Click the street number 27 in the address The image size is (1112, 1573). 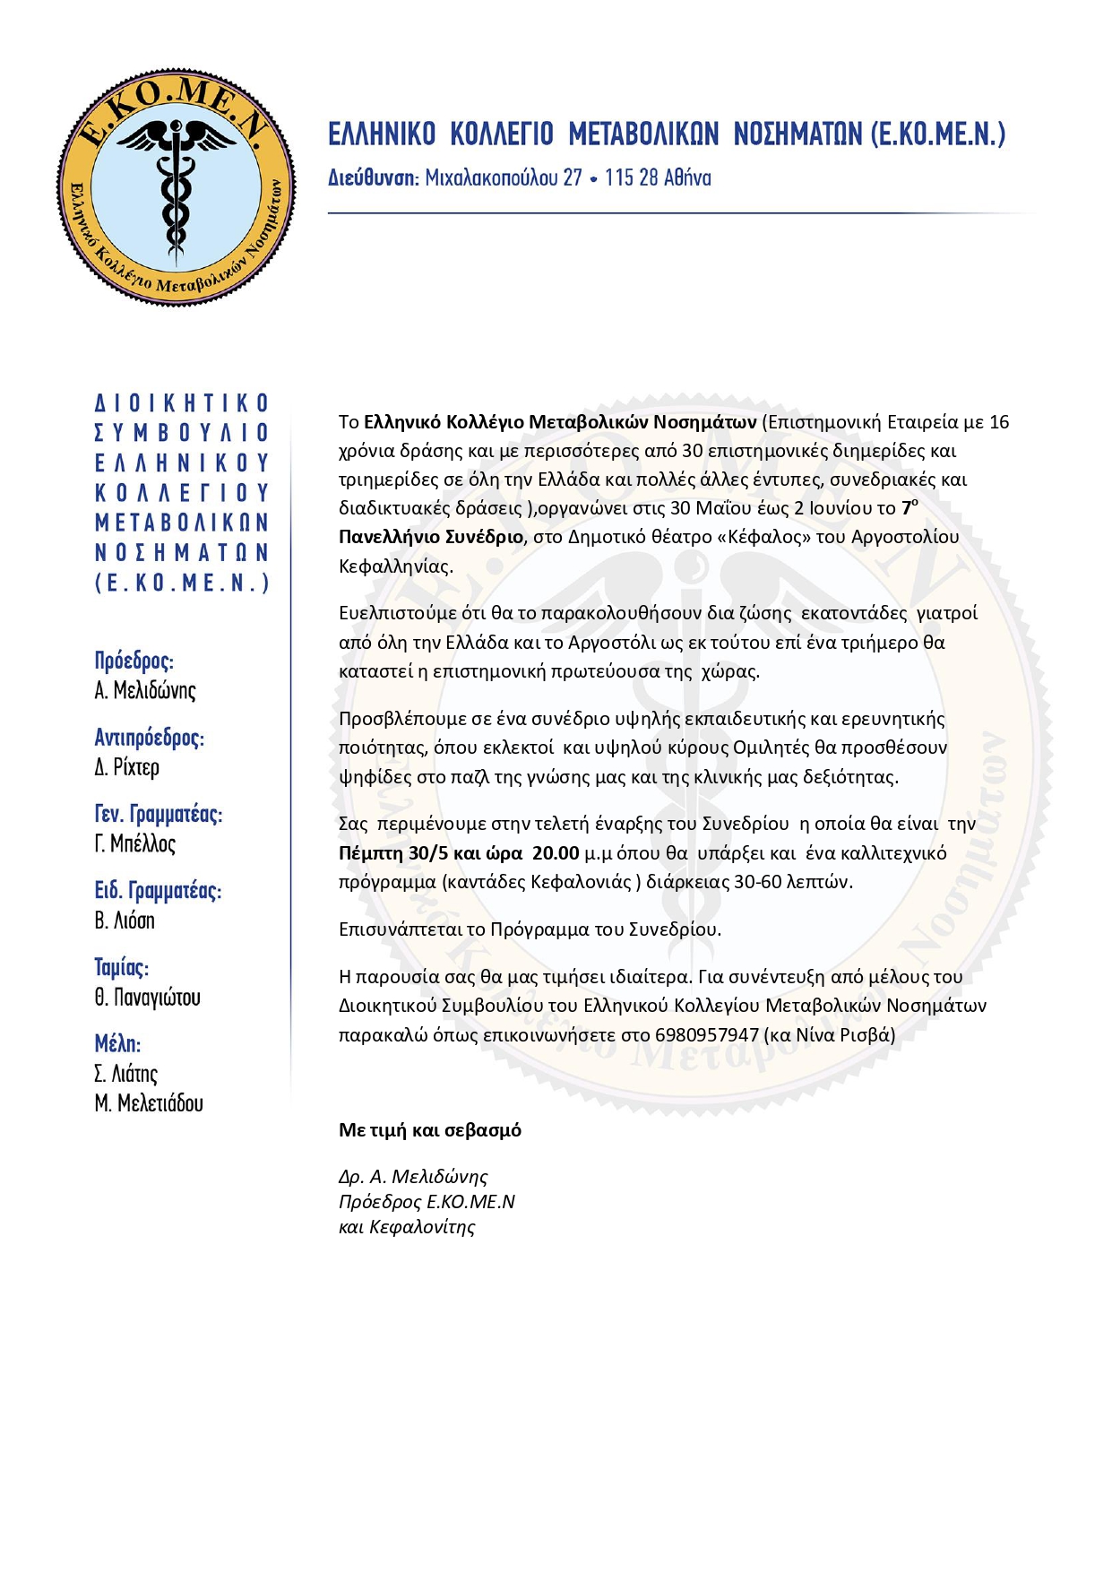tap(573, 177)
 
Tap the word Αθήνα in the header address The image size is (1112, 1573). tap(683, 177)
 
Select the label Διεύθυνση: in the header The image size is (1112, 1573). tap(373, 177)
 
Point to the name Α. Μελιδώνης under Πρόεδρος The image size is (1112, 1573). tap(145, 690)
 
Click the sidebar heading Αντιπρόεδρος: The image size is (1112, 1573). tap(149, 738)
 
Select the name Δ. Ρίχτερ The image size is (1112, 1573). tap(127, 767)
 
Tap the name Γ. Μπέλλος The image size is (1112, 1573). tap(135, 843)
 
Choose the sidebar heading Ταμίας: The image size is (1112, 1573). tap(122, 967)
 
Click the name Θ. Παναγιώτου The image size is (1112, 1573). tap(148, 997)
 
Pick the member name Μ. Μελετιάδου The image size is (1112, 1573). tap(149, 1103)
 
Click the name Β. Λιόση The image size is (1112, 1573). tap(125, 920)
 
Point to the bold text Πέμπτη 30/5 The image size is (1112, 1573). tap(393, 852)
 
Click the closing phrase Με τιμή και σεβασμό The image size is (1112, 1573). tap(430, 1130)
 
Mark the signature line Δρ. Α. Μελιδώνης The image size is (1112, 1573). tap(413, 1176)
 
